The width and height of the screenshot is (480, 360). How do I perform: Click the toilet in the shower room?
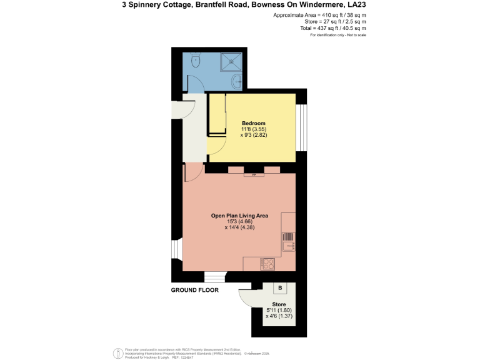(x=196, y=60)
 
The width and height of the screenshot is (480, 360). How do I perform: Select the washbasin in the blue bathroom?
(x=236, y=81)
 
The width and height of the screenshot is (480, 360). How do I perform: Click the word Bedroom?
(x=254, y=123)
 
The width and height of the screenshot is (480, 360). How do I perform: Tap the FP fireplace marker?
(x=254, y=175)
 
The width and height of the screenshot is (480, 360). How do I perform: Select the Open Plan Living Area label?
(x=239, y=216)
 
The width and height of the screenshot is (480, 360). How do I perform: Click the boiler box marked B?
(x=281, y=288)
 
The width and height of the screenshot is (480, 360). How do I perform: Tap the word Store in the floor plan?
(x=279, y=304)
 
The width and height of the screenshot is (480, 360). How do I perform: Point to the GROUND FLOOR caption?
(x=195, y=291)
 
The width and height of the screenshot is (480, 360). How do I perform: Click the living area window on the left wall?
(x=176, y=248)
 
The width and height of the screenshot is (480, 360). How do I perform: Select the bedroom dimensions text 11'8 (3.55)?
(x=254, y=129)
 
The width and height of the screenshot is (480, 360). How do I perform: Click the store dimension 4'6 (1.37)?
(x=279, y=316)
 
